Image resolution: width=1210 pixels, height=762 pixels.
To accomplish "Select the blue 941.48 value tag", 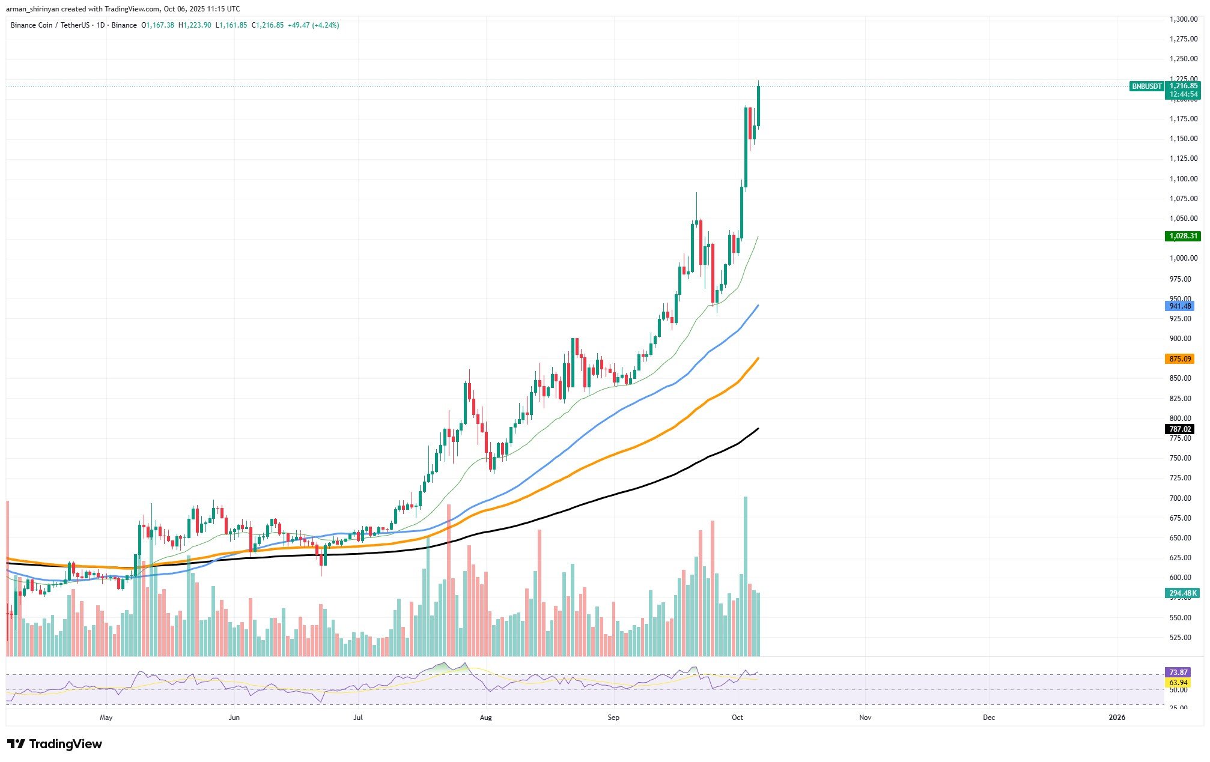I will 1180,306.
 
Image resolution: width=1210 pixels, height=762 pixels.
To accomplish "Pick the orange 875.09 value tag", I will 1180,358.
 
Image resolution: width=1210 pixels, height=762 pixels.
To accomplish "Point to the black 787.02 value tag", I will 1180,429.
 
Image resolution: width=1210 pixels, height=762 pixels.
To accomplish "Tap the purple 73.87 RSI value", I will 1178,673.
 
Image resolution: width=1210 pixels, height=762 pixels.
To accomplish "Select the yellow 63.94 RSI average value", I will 1178,683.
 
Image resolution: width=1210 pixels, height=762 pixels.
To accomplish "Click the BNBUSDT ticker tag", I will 1147,86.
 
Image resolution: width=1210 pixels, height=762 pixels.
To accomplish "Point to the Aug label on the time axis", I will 486,718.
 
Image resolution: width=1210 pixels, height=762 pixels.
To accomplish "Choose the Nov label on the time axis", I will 865,718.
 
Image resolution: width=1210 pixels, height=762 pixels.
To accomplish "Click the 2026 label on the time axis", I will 1117,718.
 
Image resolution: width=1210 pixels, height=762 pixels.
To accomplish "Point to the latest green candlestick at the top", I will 759,106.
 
